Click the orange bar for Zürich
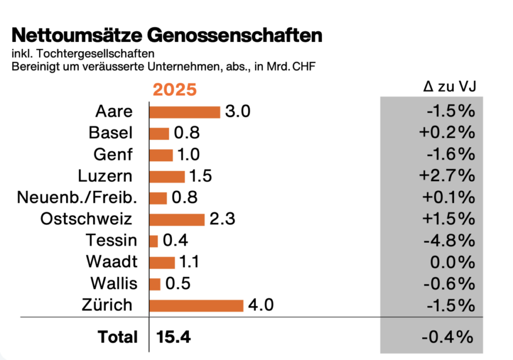[196, 305]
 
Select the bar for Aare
[184, 112]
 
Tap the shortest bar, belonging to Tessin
[153, 241]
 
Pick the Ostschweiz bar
[177, 219]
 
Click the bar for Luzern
[167, 176]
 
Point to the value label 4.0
[261, 305]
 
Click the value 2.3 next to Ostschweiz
[222, 219]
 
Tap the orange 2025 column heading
[175, 90]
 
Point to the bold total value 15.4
[174, 337]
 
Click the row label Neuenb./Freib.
[77, 198]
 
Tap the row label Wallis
[114, 283]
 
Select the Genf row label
[113, 155]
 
